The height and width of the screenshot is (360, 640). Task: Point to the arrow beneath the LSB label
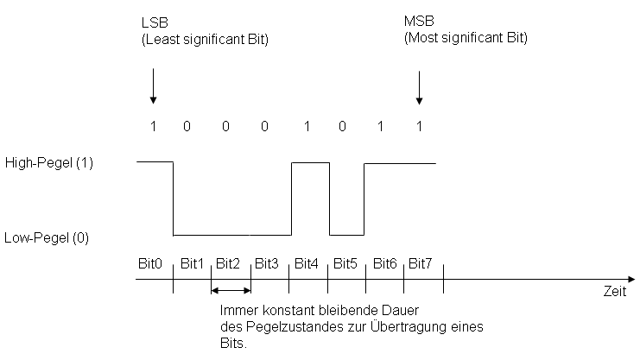click(153, 86)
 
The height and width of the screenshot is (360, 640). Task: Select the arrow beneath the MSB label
click(420, 86)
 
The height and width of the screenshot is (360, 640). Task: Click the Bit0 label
click(150, 262)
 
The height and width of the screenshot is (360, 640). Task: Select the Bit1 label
click(191, 262)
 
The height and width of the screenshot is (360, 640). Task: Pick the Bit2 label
click(230, 262)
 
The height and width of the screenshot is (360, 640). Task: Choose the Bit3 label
click(268, 262)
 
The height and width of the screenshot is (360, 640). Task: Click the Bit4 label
click(307, 262)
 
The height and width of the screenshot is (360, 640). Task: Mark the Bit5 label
click(345, 262)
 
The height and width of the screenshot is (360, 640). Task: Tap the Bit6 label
click(384, 262)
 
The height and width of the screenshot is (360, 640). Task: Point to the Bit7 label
click(421, 262)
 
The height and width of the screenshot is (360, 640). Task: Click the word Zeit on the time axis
click(614, 293)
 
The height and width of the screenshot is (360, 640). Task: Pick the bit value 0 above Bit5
click(343, 126)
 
